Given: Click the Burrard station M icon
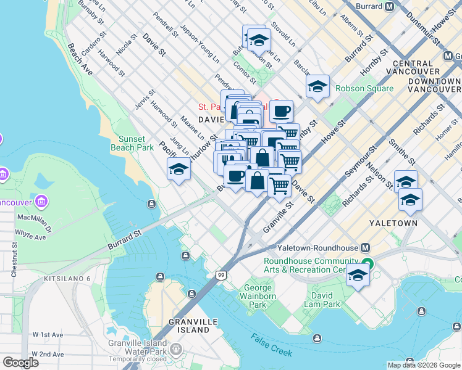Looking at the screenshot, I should (389, 7).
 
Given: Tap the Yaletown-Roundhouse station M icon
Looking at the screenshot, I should (365, 248).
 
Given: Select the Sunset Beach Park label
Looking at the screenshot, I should (132, 143).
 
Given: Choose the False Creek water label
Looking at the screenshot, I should (272, 343).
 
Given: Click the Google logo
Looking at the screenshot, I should (20, 362).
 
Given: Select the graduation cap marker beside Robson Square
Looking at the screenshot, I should (317, 86).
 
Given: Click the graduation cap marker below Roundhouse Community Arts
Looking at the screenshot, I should (358, 274).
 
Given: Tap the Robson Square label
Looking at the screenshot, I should (364, 88).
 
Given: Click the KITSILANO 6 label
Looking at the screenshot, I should (67, 279).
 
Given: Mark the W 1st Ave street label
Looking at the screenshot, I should (49, 335).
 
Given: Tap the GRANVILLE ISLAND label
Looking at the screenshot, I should (192, 326).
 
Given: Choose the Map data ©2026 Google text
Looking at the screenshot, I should (423, 365).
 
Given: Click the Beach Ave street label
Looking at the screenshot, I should (80, 59).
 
